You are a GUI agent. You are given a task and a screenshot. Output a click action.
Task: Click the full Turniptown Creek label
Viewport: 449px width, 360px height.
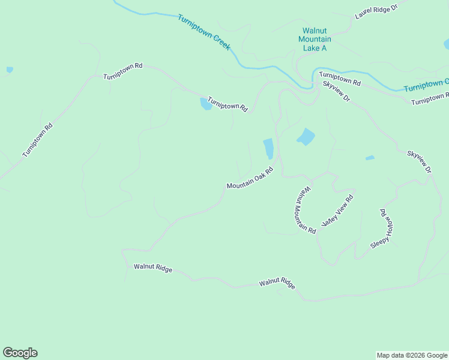(204, 32)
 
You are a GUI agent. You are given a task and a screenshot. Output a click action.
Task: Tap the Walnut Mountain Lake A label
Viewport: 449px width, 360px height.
(315, 39)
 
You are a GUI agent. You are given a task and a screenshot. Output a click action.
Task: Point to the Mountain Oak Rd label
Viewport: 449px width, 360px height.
(250, 178)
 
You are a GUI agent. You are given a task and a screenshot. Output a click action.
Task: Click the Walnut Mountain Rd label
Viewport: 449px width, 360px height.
(305, 209)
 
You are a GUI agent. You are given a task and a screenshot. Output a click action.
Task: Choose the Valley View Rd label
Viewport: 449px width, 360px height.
(338, 210)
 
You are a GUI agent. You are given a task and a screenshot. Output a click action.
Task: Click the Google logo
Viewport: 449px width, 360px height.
(20, 353)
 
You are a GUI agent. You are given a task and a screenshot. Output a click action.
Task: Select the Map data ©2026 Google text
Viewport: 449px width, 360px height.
(412, 355)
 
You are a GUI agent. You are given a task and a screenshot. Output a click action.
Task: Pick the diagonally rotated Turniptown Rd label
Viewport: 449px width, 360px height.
(38, 140)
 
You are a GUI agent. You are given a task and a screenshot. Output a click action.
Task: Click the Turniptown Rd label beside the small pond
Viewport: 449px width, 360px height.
(228, 104)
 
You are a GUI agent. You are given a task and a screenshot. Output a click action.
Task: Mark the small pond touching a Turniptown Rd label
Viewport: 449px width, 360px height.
(205, 104)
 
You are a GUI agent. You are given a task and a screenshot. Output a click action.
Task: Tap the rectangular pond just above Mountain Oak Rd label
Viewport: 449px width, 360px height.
(268, 148)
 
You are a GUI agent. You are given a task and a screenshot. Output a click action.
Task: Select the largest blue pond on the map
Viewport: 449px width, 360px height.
(306, 137)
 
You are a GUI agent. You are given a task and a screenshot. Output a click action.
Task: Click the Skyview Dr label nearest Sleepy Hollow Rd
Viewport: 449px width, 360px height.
(419, 162)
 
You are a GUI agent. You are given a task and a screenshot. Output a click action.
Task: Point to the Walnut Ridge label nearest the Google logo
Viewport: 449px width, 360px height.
(153, 269)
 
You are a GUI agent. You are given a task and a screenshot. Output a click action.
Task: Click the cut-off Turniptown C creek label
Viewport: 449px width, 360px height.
(426, 85)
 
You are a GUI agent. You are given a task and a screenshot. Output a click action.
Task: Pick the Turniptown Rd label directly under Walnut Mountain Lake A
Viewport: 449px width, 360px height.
(340, 78)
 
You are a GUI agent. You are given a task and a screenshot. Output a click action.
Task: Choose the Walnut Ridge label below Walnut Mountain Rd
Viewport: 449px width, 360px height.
(277, 284)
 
